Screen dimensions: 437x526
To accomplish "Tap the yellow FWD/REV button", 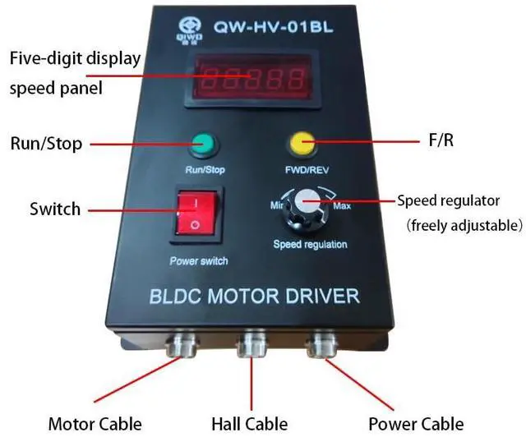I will tap(302, 145).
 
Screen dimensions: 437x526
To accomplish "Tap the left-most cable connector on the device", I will tap(181, 344).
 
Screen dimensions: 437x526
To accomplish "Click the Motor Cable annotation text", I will tap(95, 424).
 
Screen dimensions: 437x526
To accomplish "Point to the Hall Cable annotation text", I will tap(250, 424).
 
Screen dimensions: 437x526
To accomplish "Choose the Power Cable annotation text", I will tap(416, 424).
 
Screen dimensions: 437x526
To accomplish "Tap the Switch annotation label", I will tap(55, 209).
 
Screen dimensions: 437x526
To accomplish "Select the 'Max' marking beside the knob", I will tap(342, 205).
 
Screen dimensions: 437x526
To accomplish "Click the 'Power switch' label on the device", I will tap(198, 261).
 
